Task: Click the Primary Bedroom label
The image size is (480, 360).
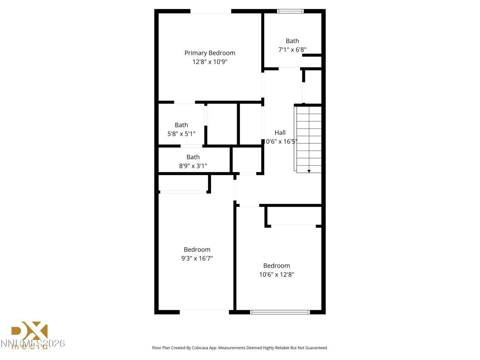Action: point(210,53)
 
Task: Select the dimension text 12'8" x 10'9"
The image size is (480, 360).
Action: point(210,62)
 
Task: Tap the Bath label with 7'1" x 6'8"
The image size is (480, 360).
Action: point(292,41)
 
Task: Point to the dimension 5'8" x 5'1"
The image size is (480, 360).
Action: point(181,133)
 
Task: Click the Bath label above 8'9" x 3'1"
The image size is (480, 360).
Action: point(193,157)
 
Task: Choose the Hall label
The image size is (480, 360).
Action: point(280,132)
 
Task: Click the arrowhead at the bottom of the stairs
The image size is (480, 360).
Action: point(309,171)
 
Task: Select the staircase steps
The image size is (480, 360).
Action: point(309,139)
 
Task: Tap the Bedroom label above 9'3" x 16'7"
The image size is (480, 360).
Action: point(197,249)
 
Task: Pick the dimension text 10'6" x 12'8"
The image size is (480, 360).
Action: point(276,274)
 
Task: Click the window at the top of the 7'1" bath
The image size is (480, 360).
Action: point(290,11)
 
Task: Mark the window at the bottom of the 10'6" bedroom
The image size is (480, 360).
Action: point(280,312)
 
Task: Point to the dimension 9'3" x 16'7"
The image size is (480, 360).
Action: point(197,258)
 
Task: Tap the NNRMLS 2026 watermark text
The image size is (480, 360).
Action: point(33,343)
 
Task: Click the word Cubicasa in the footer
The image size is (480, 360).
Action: point(200,348)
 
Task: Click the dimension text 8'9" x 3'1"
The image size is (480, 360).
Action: point(193,166)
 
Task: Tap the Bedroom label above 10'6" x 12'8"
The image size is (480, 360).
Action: point(276,265)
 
